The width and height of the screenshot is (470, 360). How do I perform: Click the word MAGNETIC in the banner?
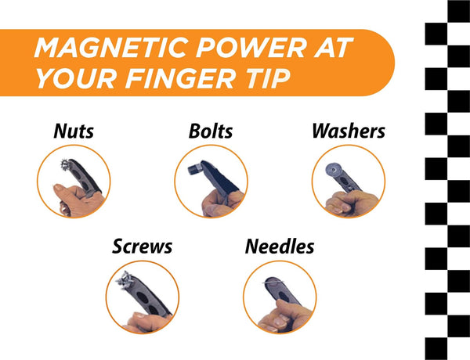(111, 48)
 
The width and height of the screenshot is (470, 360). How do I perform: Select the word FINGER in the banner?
(180, 78)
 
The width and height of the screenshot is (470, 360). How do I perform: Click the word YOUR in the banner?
(77, 78)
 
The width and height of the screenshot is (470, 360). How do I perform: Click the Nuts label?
(74, 131)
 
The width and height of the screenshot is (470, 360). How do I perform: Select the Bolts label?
(211, 131)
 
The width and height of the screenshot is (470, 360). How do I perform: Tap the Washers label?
(349, 131)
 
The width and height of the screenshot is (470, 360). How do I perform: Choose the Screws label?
(143, 247)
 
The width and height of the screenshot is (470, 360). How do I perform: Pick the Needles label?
(280, 247)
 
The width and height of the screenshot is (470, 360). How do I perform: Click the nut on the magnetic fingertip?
(65, 164)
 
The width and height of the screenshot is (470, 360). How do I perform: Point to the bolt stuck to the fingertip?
(195, 170)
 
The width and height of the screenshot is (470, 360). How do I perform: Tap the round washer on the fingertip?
(334, 170)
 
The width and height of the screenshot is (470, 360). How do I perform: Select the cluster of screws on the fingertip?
(125, 280)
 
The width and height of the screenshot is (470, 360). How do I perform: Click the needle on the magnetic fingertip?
(273, 282)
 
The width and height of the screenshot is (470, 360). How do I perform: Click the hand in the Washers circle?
(351, 203)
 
